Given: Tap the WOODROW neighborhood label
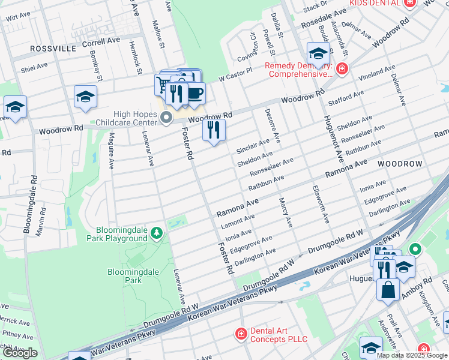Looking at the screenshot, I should (400, 163).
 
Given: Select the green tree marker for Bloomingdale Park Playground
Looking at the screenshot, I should (157, 232).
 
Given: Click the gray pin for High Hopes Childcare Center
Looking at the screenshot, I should (166, 118).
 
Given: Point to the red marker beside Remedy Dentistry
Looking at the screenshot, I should (342, 69).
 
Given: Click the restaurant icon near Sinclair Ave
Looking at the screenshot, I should (213, 130).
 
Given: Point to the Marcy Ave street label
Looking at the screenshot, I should (285, 213).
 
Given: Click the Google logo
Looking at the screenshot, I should (19, 353).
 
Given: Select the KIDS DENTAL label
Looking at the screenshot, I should (375, 3).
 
